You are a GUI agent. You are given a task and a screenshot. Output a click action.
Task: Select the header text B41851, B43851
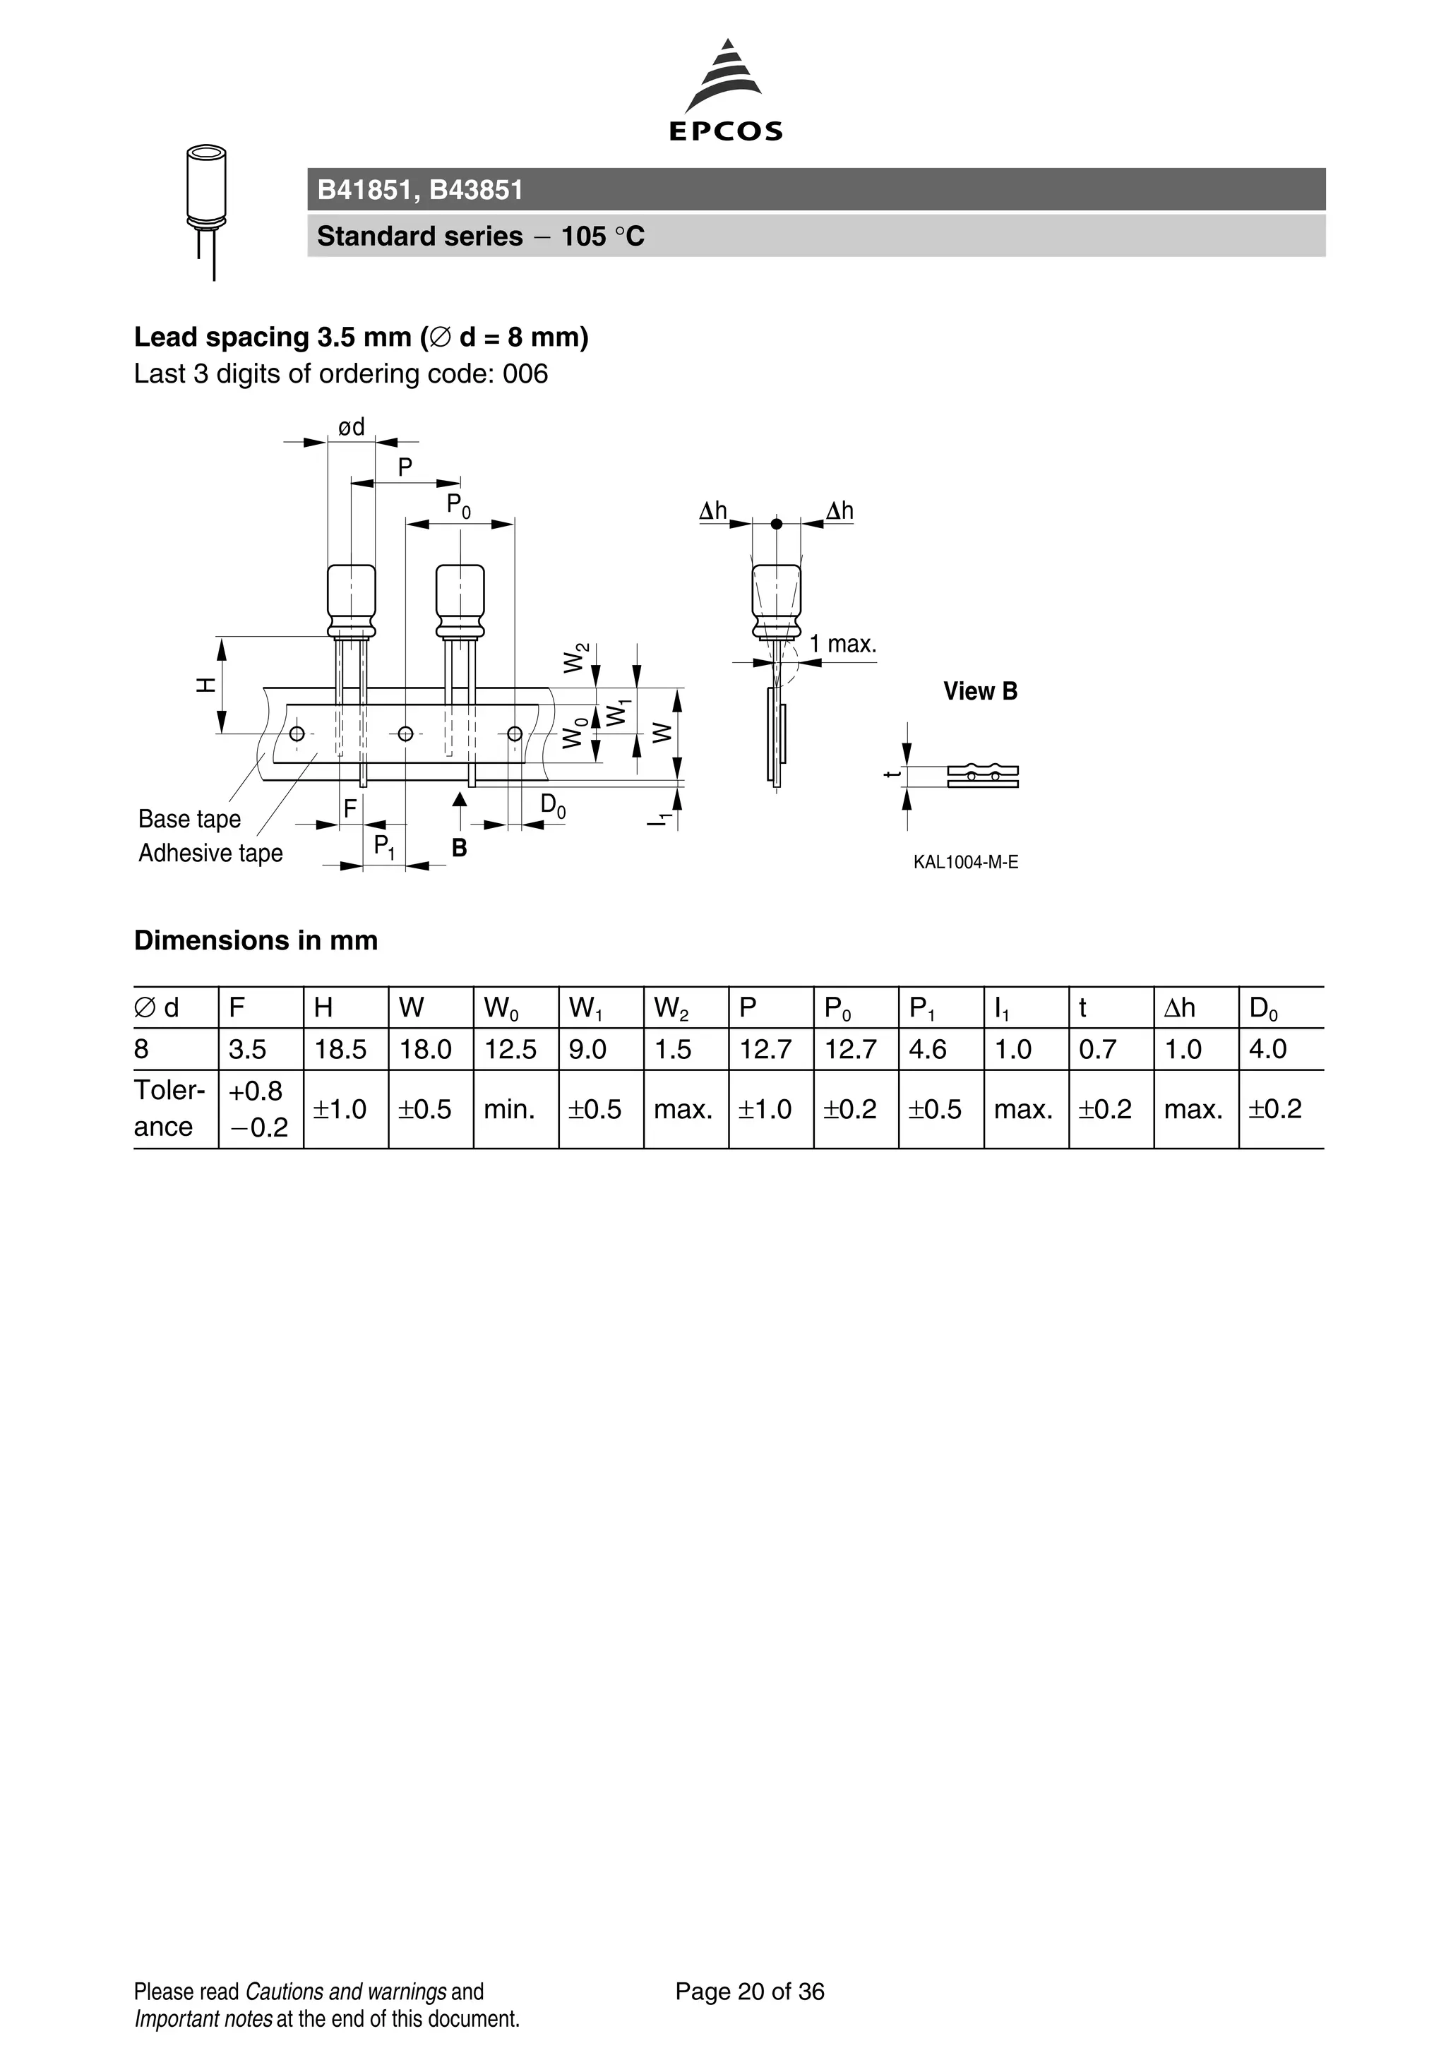420,190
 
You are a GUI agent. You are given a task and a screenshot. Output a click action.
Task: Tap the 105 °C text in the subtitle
602,236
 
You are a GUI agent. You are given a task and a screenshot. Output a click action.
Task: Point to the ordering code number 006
525,373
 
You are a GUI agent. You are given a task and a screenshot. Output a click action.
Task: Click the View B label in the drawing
979,691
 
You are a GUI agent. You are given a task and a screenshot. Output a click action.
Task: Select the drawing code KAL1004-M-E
965,863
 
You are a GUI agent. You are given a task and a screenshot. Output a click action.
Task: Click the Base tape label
189,819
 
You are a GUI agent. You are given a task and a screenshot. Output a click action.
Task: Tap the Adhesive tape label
210,854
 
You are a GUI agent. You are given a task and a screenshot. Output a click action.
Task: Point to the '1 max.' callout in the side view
842,644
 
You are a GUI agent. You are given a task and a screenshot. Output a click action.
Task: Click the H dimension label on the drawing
206,685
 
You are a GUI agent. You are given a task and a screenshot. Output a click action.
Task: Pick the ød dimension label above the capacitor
352,427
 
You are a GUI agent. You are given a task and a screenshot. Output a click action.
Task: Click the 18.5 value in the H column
340,1050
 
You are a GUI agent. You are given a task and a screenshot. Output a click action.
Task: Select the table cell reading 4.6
927,1050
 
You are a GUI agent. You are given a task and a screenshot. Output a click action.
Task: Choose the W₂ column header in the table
671,1009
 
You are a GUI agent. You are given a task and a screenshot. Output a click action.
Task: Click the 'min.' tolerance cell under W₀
509,1110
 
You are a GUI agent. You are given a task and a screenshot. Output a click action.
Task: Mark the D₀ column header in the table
1263,1009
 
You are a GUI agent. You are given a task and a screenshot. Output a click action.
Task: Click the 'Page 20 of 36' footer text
749,1992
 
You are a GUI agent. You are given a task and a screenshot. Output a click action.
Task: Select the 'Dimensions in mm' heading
256,940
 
